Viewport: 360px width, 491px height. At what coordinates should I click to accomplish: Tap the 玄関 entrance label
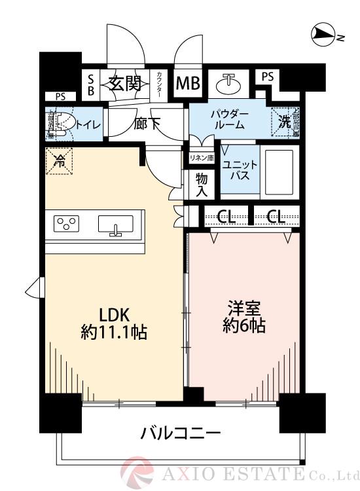click(124, 84)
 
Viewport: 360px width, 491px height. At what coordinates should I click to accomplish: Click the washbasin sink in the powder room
click(229, 84)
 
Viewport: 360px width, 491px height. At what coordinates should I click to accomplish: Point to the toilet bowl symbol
click(61, 124)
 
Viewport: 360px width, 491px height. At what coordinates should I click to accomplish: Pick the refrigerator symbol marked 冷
click(60, 160)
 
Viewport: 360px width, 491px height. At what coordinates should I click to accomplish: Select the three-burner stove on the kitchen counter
click(67, 224)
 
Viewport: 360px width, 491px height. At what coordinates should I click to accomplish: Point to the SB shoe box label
click(91, 84)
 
